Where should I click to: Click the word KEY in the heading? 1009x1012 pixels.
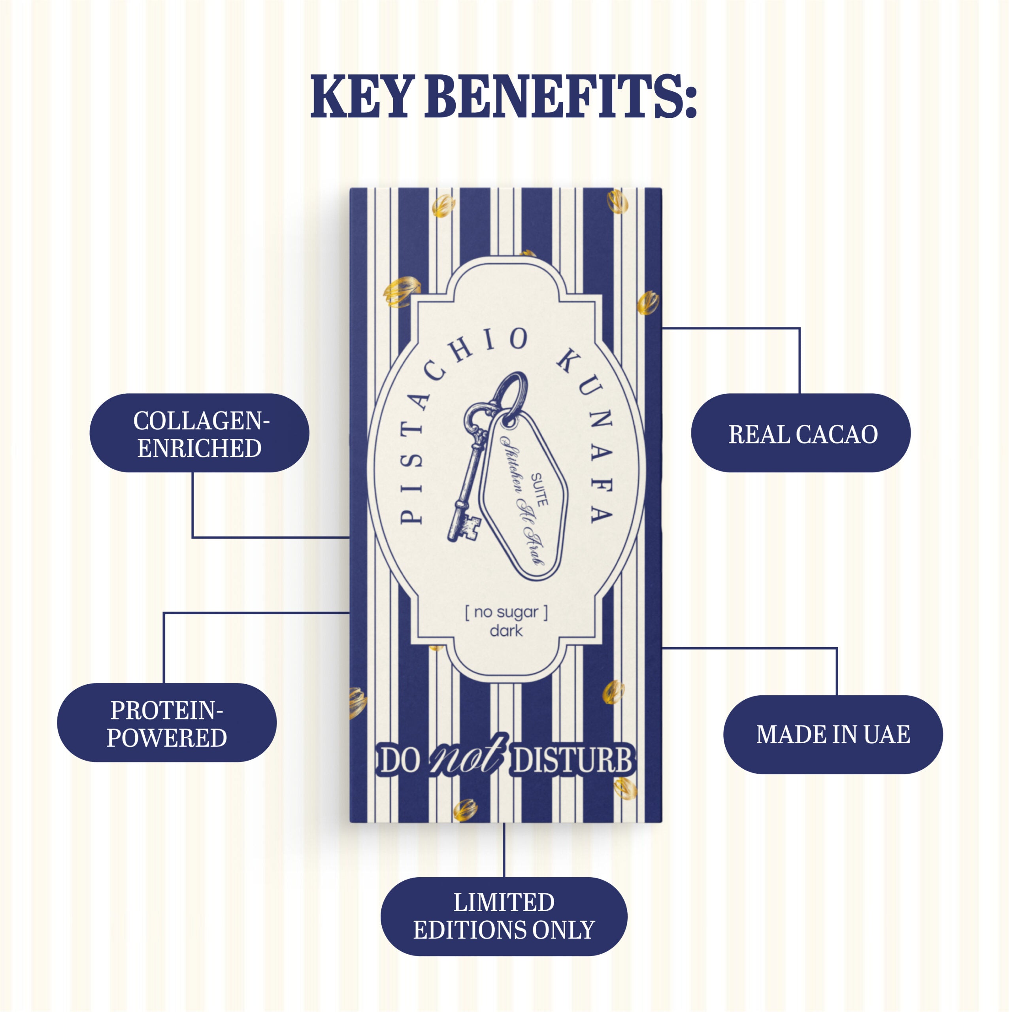point(359,96)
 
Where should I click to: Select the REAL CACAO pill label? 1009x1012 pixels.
point(801,432)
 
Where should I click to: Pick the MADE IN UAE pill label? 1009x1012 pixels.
point(833,734)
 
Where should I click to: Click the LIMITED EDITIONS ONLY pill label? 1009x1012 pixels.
point(504,917)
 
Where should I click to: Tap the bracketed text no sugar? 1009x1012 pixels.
point(506,612)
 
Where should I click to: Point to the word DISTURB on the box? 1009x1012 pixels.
point(573,760)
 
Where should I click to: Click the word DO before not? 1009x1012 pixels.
point(400,761)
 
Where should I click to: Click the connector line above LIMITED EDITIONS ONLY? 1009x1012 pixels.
point(504,850)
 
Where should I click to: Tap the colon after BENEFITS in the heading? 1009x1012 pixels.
point(690,102)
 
